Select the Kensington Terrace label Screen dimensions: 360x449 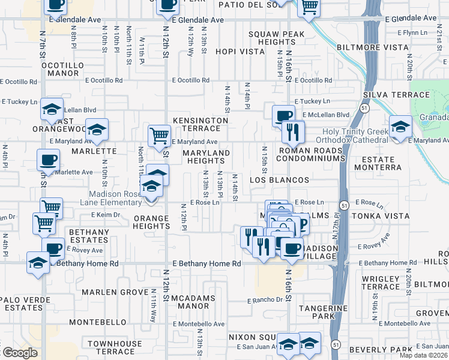(x=200, y=124)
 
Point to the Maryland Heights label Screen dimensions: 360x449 (x=206, y=157)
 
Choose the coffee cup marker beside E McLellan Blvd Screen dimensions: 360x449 (x=283, y=115)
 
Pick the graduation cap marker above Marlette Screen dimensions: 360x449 (x=96, y=128)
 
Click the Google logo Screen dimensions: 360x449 (x=19, y=353)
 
